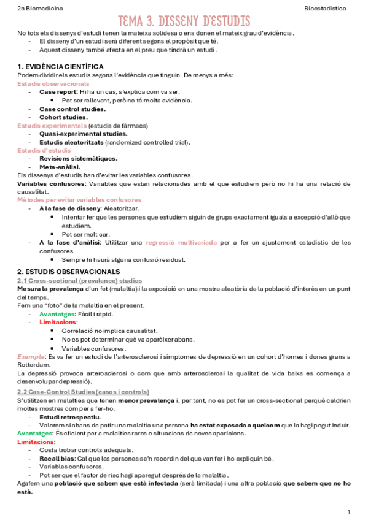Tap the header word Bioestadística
click(x=324, y=10)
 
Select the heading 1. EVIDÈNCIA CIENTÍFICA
click(x=60, y=66)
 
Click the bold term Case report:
click(x=59, y=91)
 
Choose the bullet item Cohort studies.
click(x=63, y=117)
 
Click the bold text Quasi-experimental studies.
click(x=84, y=134)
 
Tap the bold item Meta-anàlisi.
click(x=60, y=167)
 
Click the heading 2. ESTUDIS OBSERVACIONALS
click(x=68, y=271)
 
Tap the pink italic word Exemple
click(x=30, y=356)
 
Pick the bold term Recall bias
click(x=57, y=458)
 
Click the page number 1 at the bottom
click(x=348, y=511)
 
